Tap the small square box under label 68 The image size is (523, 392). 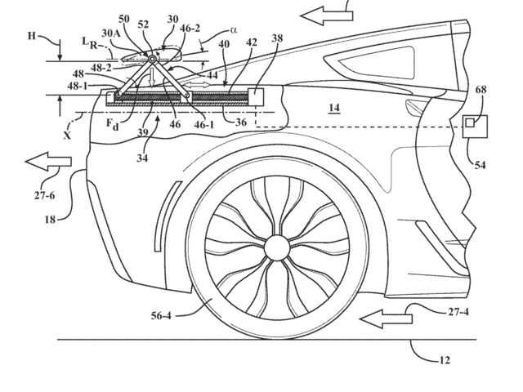tap(471, 123)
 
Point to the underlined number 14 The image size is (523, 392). tap(311, 106)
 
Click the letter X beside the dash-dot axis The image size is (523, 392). tap(67, 136)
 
